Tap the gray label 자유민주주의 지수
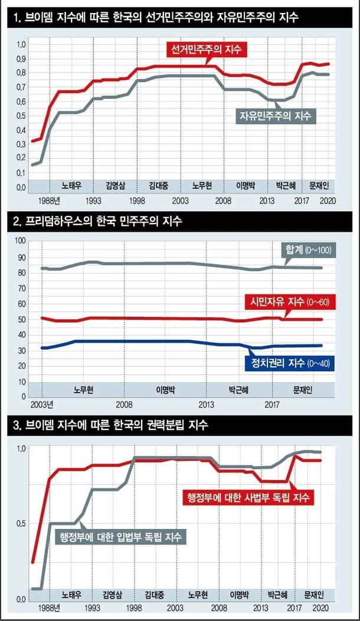click(x=276, y=115)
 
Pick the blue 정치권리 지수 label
click(x=289, y=363)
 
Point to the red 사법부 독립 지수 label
click(x=247, y=497)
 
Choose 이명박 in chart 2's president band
click(x=166, y=390)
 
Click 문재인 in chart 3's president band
click(x=315, y=594)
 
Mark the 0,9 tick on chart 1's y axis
click(x=21, y=59)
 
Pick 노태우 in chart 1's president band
click(x=71, y=185)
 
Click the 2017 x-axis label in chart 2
click(x=272, y=405)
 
